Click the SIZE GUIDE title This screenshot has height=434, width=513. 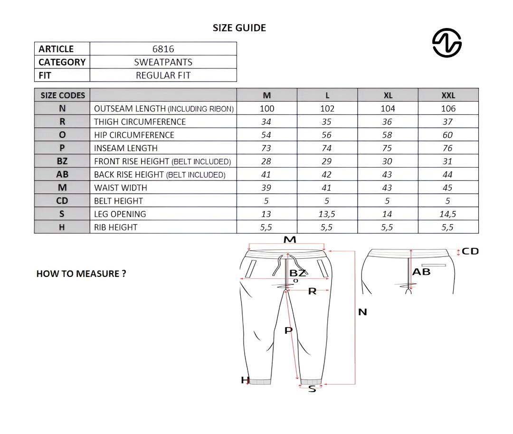click(239, 28)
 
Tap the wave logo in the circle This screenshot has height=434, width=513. click(446, 43)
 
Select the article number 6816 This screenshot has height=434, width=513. click(163, 49)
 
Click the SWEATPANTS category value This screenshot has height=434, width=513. click(163, 62)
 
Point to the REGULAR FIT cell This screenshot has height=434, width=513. click(163, 75)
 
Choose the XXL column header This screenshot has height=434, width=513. click(448, 95)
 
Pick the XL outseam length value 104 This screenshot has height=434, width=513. click(388, 109)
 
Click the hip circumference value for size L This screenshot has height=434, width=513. click(327, 135)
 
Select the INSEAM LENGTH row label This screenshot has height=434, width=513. click(126, 148)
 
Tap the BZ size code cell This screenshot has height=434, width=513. click(62, 161)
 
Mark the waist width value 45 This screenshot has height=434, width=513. click(447, 188)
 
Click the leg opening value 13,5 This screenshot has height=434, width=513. click(327, 214)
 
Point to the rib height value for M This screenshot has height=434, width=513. click(266, 227)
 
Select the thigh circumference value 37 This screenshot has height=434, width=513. click(447, 122)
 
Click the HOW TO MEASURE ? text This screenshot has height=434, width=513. click(81, 274)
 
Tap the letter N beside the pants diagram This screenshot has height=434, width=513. click(362, 312)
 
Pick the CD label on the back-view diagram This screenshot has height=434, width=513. click(470, 251)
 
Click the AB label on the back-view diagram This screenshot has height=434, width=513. click(421, 272)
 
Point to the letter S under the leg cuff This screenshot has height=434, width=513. click(312, 389)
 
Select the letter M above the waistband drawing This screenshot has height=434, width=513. click(290, 240)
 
